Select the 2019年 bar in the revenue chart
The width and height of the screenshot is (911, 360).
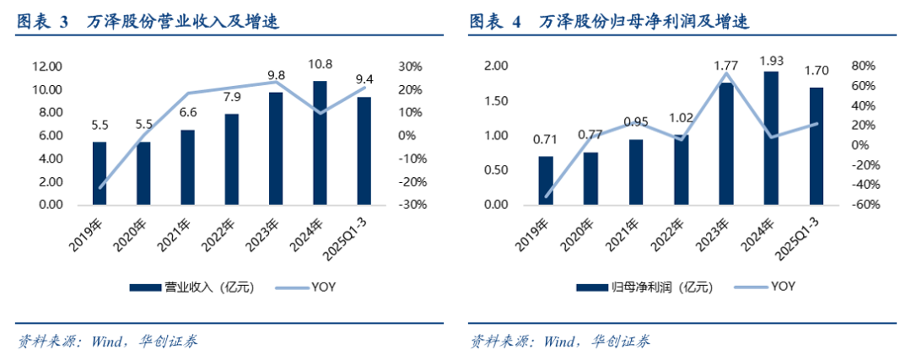(100, 174)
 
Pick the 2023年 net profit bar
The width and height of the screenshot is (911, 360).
(725, 143)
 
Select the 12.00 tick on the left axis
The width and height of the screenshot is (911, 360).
(47, 67)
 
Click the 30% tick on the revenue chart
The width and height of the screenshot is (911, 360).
(410, 67)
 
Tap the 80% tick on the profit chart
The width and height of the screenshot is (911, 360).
(860, 67)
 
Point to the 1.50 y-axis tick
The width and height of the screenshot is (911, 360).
(496, 101)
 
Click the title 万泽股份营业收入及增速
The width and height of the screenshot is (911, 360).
(182, 23)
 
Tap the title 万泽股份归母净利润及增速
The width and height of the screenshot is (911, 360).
(644, 23)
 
